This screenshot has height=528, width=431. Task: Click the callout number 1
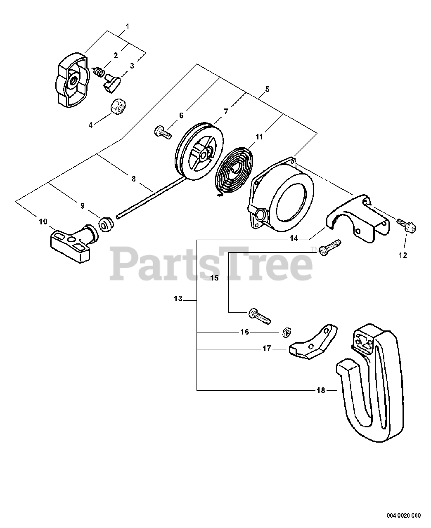coord(127,27)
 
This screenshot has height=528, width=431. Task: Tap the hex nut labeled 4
coord(118,107)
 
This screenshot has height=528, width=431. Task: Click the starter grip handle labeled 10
coord(73,242)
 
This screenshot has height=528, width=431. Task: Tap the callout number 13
coord(178,299)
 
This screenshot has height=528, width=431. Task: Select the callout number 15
coord(214,278)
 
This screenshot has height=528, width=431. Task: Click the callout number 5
coord(268,89)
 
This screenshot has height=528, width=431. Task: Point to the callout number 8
coord(133,179)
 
